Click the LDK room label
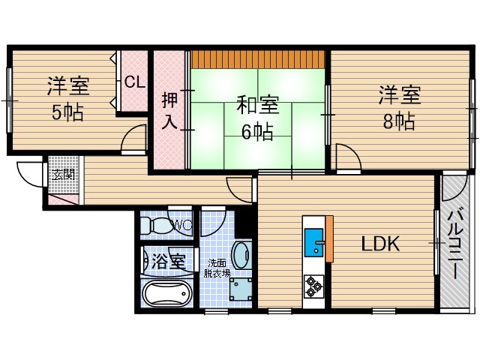(x=381, y=244)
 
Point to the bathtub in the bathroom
(x=166, y=294)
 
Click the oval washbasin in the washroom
(x=242, y=255)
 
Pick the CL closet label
(x=135, y=82)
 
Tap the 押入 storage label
(x=170, y=109)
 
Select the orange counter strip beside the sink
(x=328, y=237)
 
